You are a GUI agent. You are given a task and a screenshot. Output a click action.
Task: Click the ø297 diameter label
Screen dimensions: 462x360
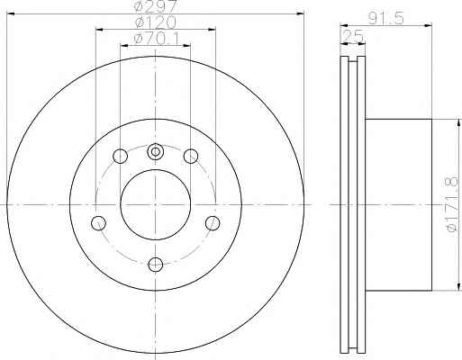click(x=156, y=6)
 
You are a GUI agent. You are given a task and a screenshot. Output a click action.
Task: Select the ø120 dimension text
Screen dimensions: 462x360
click(x=155, y=22)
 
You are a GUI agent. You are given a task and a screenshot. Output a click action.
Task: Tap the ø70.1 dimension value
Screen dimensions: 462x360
click(x=156, y=39)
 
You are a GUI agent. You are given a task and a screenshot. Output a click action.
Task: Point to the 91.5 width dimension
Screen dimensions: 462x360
click(x=385, y=19)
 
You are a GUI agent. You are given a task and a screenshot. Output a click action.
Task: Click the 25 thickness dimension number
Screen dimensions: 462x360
click(x=353, y=36)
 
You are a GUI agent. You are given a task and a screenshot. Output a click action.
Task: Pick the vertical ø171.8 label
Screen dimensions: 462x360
click(x=452, y=204)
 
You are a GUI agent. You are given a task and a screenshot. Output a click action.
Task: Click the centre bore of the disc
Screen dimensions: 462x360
click(x=156, y=204)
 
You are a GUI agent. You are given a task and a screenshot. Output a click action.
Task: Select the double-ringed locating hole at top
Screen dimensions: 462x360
click(x=156, y=152)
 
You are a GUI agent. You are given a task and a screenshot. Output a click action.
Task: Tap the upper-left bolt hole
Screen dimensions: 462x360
click(x=120, y=156)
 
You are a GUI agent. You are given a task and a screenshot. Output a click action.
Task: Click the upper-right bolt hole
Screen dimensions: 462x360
click(x=191, y=156)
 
